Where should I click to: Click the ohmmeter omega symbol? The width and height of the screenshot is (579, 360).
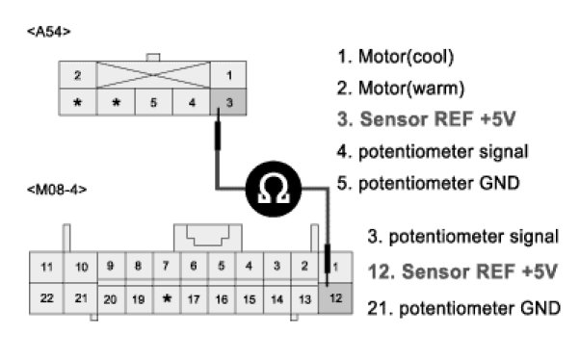tap(274, 189)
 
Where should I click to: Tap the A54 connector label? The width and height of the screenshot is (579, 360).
tap(49, 32)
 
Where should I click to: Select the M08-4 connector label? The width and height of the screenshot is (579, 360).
tap(57, 190)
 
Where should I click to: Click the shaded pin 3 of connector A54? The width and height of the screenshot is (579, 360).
tap(228, 102)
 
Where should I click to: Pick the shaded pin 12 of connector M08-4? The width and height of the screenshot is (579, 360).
tap(335, 298)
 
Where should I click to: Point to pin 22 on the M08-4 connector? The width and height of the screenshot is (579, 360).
tap(46, 298)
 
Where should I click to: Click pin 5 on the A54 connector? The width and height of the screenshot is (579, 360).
tap(153, 102)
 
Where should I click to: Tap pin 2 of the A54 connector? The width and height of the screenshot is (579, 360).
tap(77, 75)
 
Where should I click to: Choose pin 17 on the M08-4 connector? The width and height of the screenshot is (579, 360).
tap(194, 299)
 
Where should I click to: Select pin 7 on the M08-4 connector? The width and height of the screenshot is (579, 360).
tap(166, 266)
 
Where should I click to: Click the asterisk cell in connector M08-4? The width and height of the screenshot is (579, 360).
tap(167, 299)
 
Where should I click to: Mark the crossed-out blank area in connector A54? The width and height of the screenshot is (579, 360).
tap(153, 75)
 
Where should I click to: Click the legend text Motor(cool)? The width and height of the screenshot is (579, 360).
tap(407, 57)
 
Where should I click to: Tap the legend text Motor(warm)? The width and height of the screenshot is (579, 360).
tap(411, 89)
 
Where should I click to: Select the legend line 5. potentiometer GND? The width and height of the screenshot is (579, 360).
tap(429, 183)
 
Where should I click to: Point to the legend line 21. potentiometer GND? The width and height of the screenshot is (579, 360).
tap(463, 308)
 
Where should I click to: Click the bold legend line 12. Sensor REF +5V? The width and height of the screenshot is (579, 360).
tap(462, 271)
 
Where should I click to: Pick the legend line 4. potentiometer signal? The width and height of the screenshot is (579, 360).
tap(433, 152)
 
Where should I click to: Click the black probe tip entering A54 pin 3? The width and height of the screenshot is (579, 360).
tap(218, 130)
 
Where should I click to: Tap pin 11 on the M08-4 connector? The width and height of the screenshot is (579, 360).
tap(46, 267)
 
